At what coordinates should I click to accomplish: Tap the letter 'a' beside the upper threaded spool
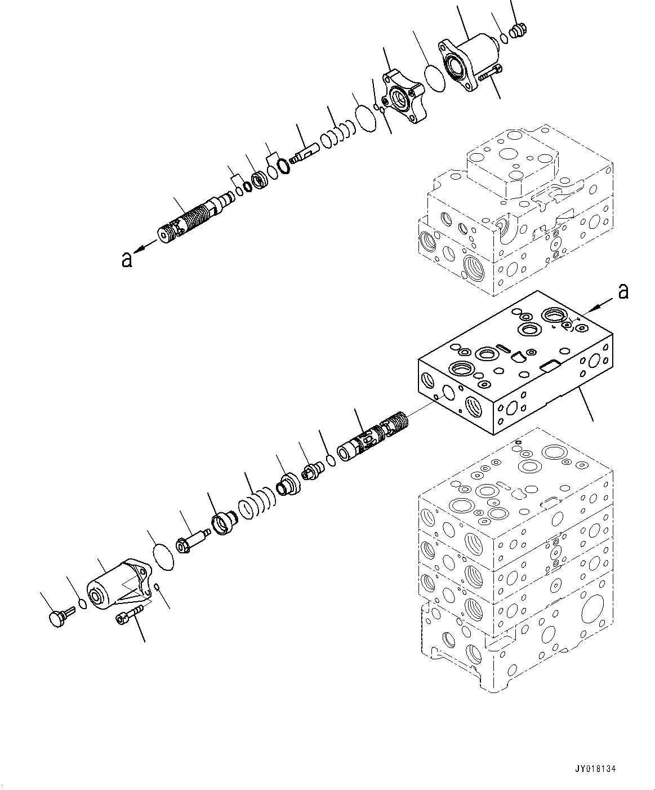(127, 259)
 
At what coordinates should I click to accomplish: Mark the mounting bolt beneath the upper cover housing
(488, 72)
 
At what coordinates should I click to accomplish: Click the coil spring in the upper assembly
(338, 135)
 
